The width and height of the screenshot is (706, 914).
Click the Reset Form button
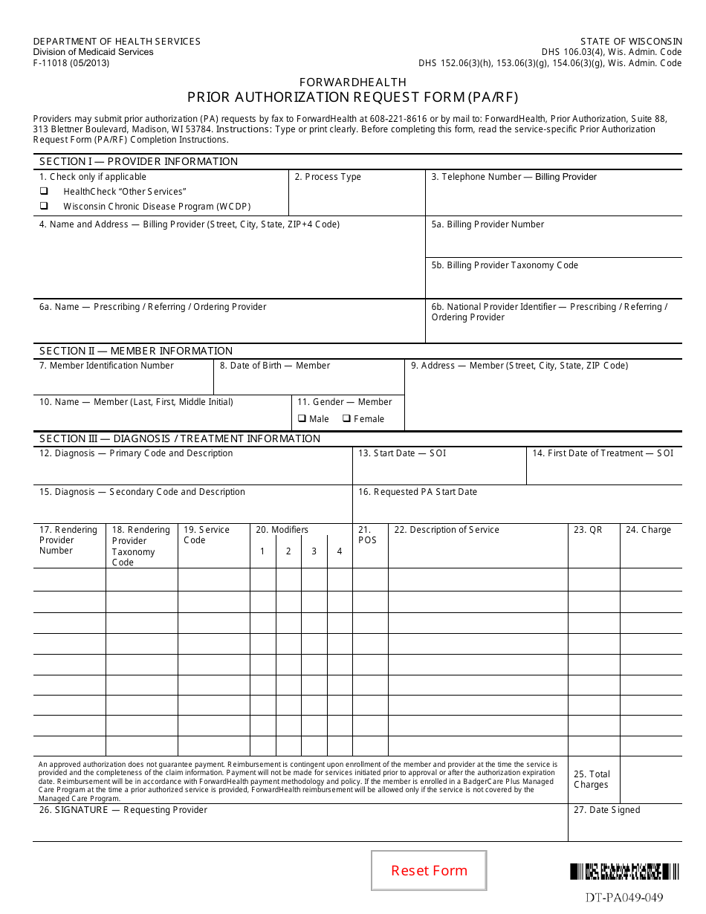(x=429, y=870)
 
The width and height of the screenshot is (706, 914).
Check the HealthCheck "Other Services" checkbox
(x=44, y=192)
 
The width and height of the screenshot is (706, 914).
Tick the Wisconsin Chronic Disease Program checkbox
(x=44, y=206)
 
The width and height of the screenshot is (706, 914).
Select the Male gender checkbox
(x=302, y=418)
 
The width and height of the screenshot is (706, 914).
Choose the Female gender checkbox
(x=346, y=418)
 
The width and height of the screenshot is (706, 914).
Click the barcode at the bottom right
(x=625, y=871)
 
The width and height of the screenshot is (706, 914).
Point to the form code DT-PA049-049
(x=624, y=897)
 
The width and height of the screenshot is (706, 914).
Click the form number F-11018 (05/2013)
(x=71, y=63)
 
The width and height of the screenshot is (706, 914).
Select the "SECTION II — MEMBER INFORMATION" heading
(x=136, y=351)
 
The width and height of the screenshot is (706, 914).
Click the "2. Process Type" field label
(x=328, y=177)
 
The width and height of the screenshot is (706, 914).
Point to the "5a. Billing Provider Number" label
(x=488, y=224)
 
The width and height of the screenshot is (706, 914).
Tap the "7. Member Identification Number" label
(x=106, y=366)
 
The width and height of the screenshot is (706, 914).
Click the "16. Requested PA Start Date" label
(x=418, y=492)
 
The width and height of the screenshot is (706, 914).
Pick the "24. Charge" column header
(x=648, y=530)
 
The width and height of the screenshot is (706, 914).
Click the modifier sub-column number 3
(x=314, y=551)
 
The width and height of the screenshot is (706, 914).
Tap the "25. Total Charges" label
(x=592, y=780)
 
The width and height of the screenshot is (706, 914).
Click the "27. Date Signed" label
(x=606, y=810)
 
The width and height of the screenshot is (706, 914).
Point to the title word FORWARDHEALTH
(x=353, y=82)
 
